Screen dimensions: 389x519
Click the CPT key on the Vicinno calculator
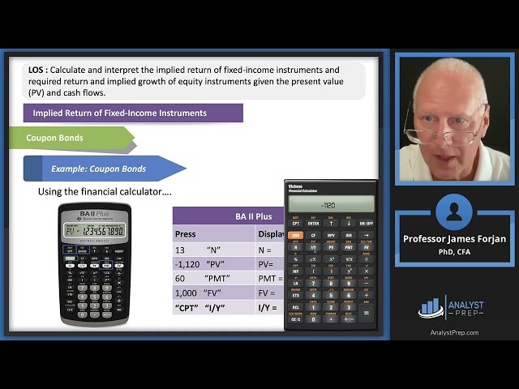pyautogui.click(x=295, y=223)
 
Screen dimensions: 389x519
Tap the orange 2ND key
pyautogui.click(x=295, y=236)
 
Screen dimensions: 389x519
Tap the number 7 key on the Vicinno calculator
pyautogui.click(x=313, y=284)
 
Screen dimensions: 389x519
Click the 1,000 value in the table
pyautogui.click(x=186, y=293)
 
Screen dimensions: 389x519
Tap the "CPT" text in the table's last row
pyautogui.click(x=187, y=308)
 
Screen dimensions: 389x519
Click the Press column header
pyautogui.click(x=185, y=234)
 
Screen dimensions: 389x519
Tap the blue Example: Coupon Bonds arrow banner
pyautogui.click(x=101, y=169)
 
